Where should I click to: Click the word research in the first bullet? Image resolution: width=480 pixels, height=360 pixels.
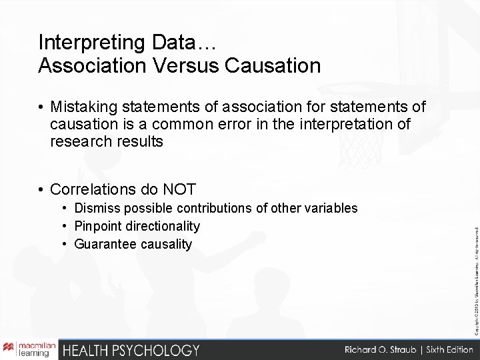click(x=78, y=141)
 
